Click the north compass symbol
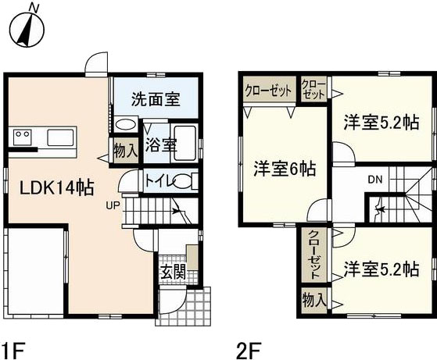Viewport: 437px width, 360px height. (27, 27)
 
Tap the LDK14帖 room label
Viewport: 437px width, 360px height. (56, 187)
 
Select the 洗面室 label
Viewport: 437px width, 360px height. (156, 99)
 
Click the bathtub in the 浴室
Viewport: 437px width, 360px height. (184, 143)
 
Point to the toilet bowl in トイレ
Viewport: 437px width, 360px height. (184, 181)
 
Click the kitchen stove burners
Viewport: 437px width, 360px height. (23, 137)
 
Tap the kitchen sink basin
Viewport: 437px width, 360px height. (61, 137)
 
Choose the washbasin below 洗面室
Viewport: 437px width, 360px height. (125, 124)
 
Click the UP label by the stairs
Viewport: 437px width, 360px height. (113, 205)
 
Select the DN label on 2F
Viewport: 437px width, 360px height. (375, 180)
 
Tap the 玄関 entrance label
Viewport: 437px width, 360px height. (173, 272)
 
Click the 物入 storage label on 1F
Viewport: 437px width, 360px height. (125, 151)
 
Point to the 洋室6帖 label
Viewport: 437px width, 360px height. (285, 169)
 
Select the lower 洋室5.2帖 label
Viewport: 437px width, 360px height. (381, 269)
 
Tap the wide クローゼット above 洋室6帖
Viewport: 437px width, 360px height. (268, 90)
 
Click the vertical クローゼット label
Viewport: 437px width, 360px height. (314, 255)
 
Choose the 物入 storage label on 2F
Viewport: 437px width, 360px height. (314, 300)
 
